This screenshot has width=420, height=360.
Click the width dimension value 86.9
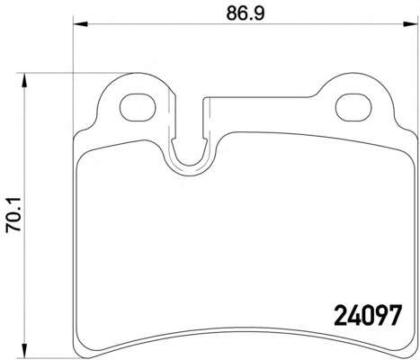[x=246, y=13]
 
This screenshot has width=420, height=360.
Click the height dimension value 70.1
[x=13, y=214]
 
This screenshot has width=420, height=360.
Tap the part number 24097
[x=368, y=315]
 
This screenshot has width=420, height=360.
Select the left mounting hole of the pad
[x=138, y=107]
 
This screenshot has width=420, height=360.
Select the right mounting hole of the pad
[x=353, y=107]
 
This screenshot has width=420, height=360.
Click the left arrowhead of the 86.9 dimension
[x=80, y=24]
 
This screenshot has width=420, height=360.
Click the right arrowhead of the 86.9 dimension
[x=411, y=24]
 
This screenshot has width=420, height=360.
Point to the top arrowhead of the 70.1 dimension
[x=24, y=80]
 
